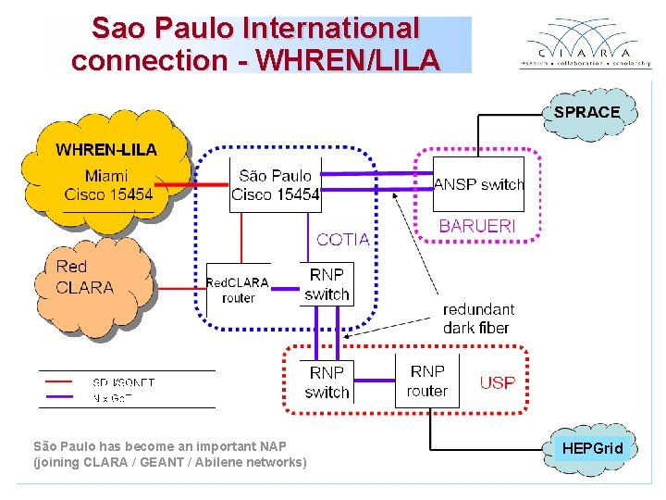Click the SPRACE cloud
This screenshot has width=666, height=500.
586,112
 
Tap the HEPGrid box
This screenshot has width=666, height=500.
593,448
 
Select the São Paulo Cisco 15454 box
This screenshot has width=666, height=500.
275,185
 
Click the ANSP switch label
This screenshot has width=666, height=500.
478,184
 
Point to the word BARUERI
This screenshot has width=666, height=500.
476,226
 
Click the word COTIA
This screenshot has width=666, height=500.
342,239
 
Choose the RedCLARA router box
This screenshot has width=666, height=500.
238,290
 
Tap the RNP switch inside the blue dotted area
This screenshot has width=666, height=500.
327,284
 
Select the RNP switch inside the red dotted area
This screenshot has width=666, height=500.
327,381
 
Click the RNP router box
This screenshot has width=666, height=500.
426,381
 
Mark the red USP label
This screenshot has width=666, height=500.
498,382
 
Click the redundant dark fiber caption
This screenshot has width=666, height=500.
478,318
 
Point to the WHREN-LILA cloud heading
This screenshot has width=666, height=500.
106,149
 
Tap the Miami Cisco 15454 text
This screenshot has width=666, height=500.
108,184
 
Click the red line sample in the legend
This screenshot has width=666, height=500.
59,381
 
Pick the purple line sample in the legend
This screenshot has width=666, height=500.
59,396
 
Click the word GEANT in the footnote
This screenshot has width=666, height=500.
162,462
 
